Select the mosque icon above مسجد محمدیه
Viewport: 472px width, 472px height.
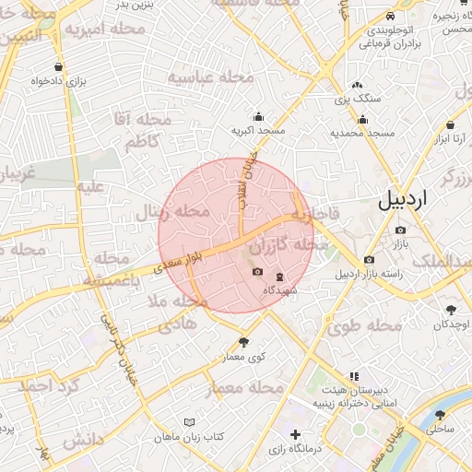point(363,118)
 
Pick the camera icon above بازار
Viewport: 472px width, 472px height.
point(399,230)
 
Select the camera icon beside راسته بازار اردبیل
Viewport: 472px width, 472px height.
point(369,259)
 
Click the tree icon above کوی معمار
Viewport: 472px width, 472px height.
point(243,342)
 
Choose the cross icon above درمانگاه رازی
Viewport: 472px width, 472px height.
point(295,434)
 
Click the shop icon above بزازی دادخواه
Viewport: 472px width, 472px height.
point(60,67)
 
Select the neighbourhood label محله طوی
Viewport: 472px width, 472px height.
point(365,325)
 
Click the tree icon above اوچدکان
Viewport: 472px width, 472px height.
point(450,310)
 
